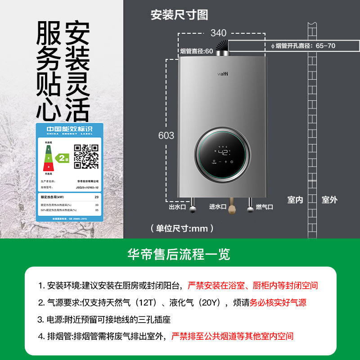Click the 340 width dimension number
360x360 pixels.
(219, 33)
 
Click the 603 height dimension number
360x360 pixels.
(166, 135)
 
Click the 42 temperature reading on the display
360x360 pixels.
(224, 152)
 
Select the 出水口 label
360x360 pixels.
(177, 207)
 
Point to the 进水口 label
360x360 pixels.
(218, 207)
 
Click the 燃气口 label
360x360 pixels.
(265, 207)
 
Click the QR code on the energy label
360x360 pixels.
(86, 156)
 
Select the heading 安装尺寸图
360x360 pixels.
(179, 15)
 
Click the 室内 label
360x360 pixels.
(295, 200)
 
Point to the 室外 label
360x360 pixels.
(329, 200)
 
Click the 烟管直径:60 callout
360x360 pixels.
(196, 51)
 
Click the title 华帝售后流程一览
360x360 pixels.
(179, 254)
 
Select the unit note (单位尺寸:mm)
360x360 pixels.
(182, 229)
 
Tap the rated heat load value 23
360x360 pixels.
(96, 197)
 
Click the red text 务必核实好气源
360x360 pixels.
(278, 303)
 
